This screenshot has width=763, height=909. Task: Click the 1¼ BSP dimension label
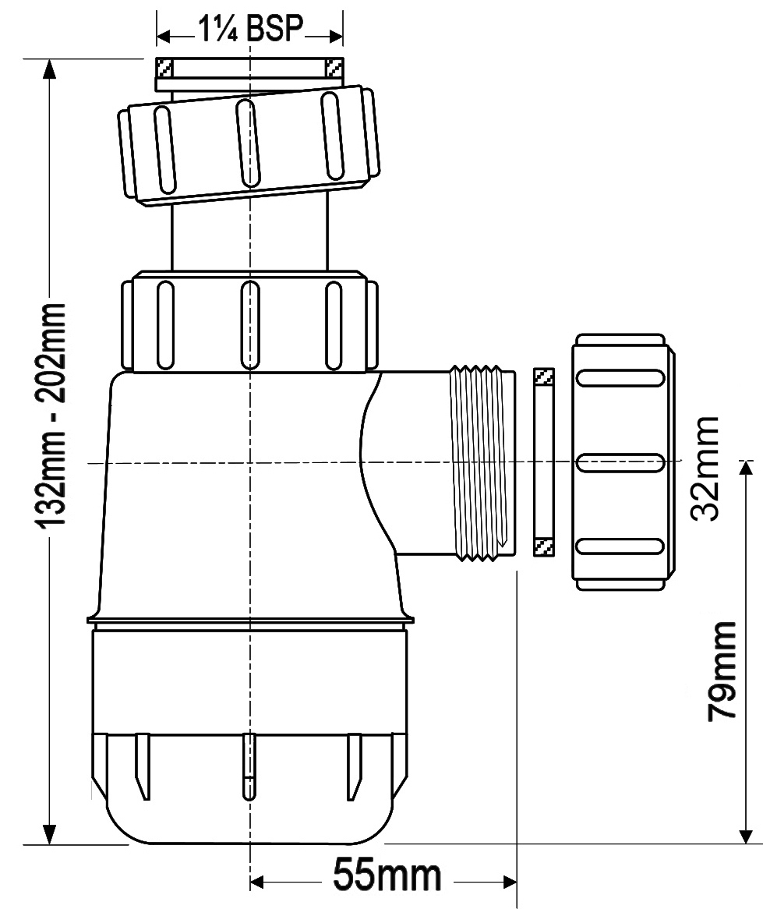250,28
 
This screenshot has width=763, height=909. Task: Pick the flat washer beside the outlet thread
543,462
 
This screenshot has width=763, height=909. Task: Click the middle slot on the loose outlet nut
620,462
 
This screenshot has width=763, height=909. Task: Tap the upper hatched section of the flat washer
543,377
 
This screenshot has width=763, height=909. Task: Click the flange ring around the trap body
250,621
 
